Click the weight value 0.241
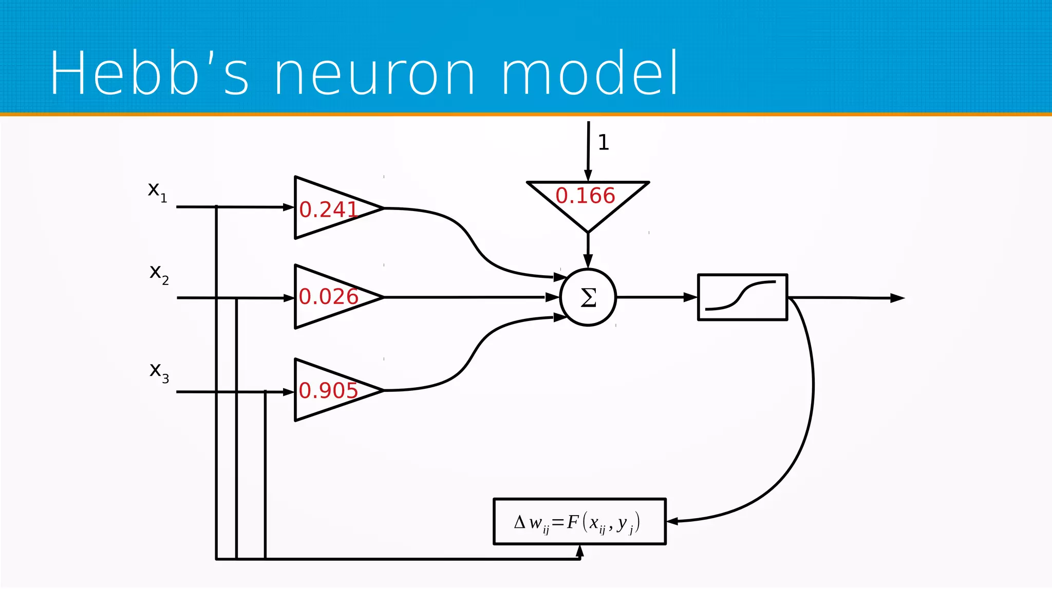click(x=329, y=209)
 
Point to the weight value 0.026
click(x=329, y=296)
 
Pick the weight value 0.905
click(x=329, y=390)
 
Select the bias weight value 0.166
click(x=585, y=196)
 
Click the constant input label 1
click(x=604, y=142)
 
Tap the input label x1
click(x=157, y=191)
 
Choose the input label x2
click(x=159, y=273)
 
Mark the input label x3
click(x=159, y=371)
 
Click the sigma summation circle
click(x=588, y=297)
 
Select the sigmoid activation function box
click(x=742, y=297)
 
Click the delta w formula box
click(x=579, y=522)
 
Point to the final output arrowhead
click(x=897, y=298)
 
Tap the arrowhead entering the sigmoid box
click(x=691, y=297)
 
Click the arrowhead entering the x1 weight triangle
click(x=289, y=207)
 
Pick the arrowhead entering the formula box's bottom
click(x=580, y=551)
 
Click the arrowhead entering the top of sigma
click(x=588, y=261)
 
